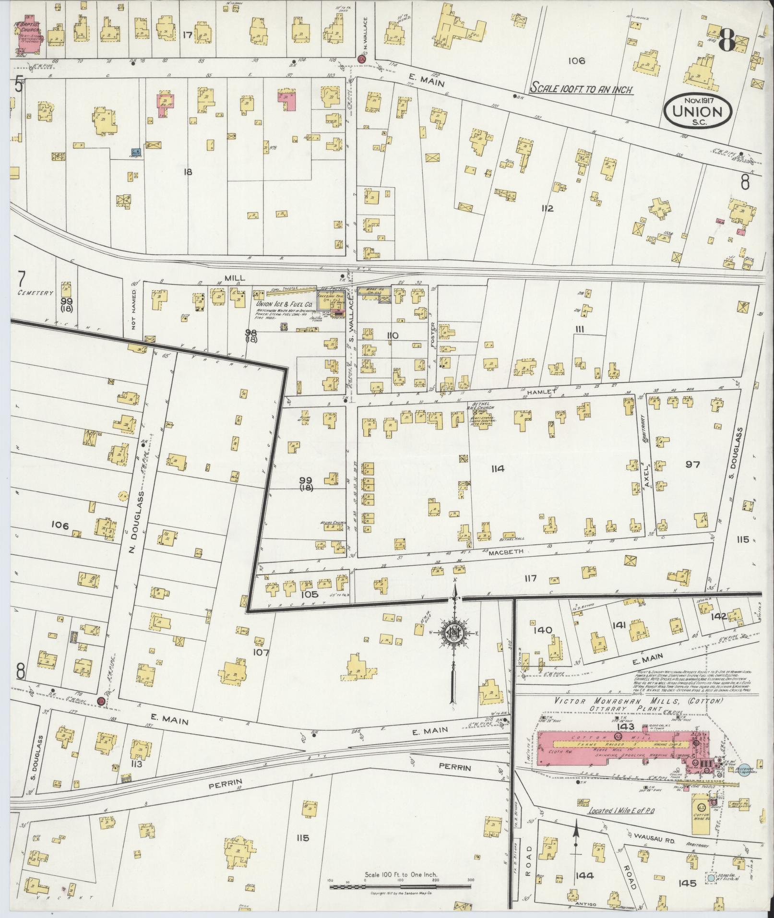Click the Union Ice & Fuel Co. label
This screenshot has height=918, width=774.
(282, 304)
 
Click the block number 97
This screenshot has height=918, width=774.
(692, 464)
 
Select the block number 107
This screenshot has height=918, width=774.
(262, 652)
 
